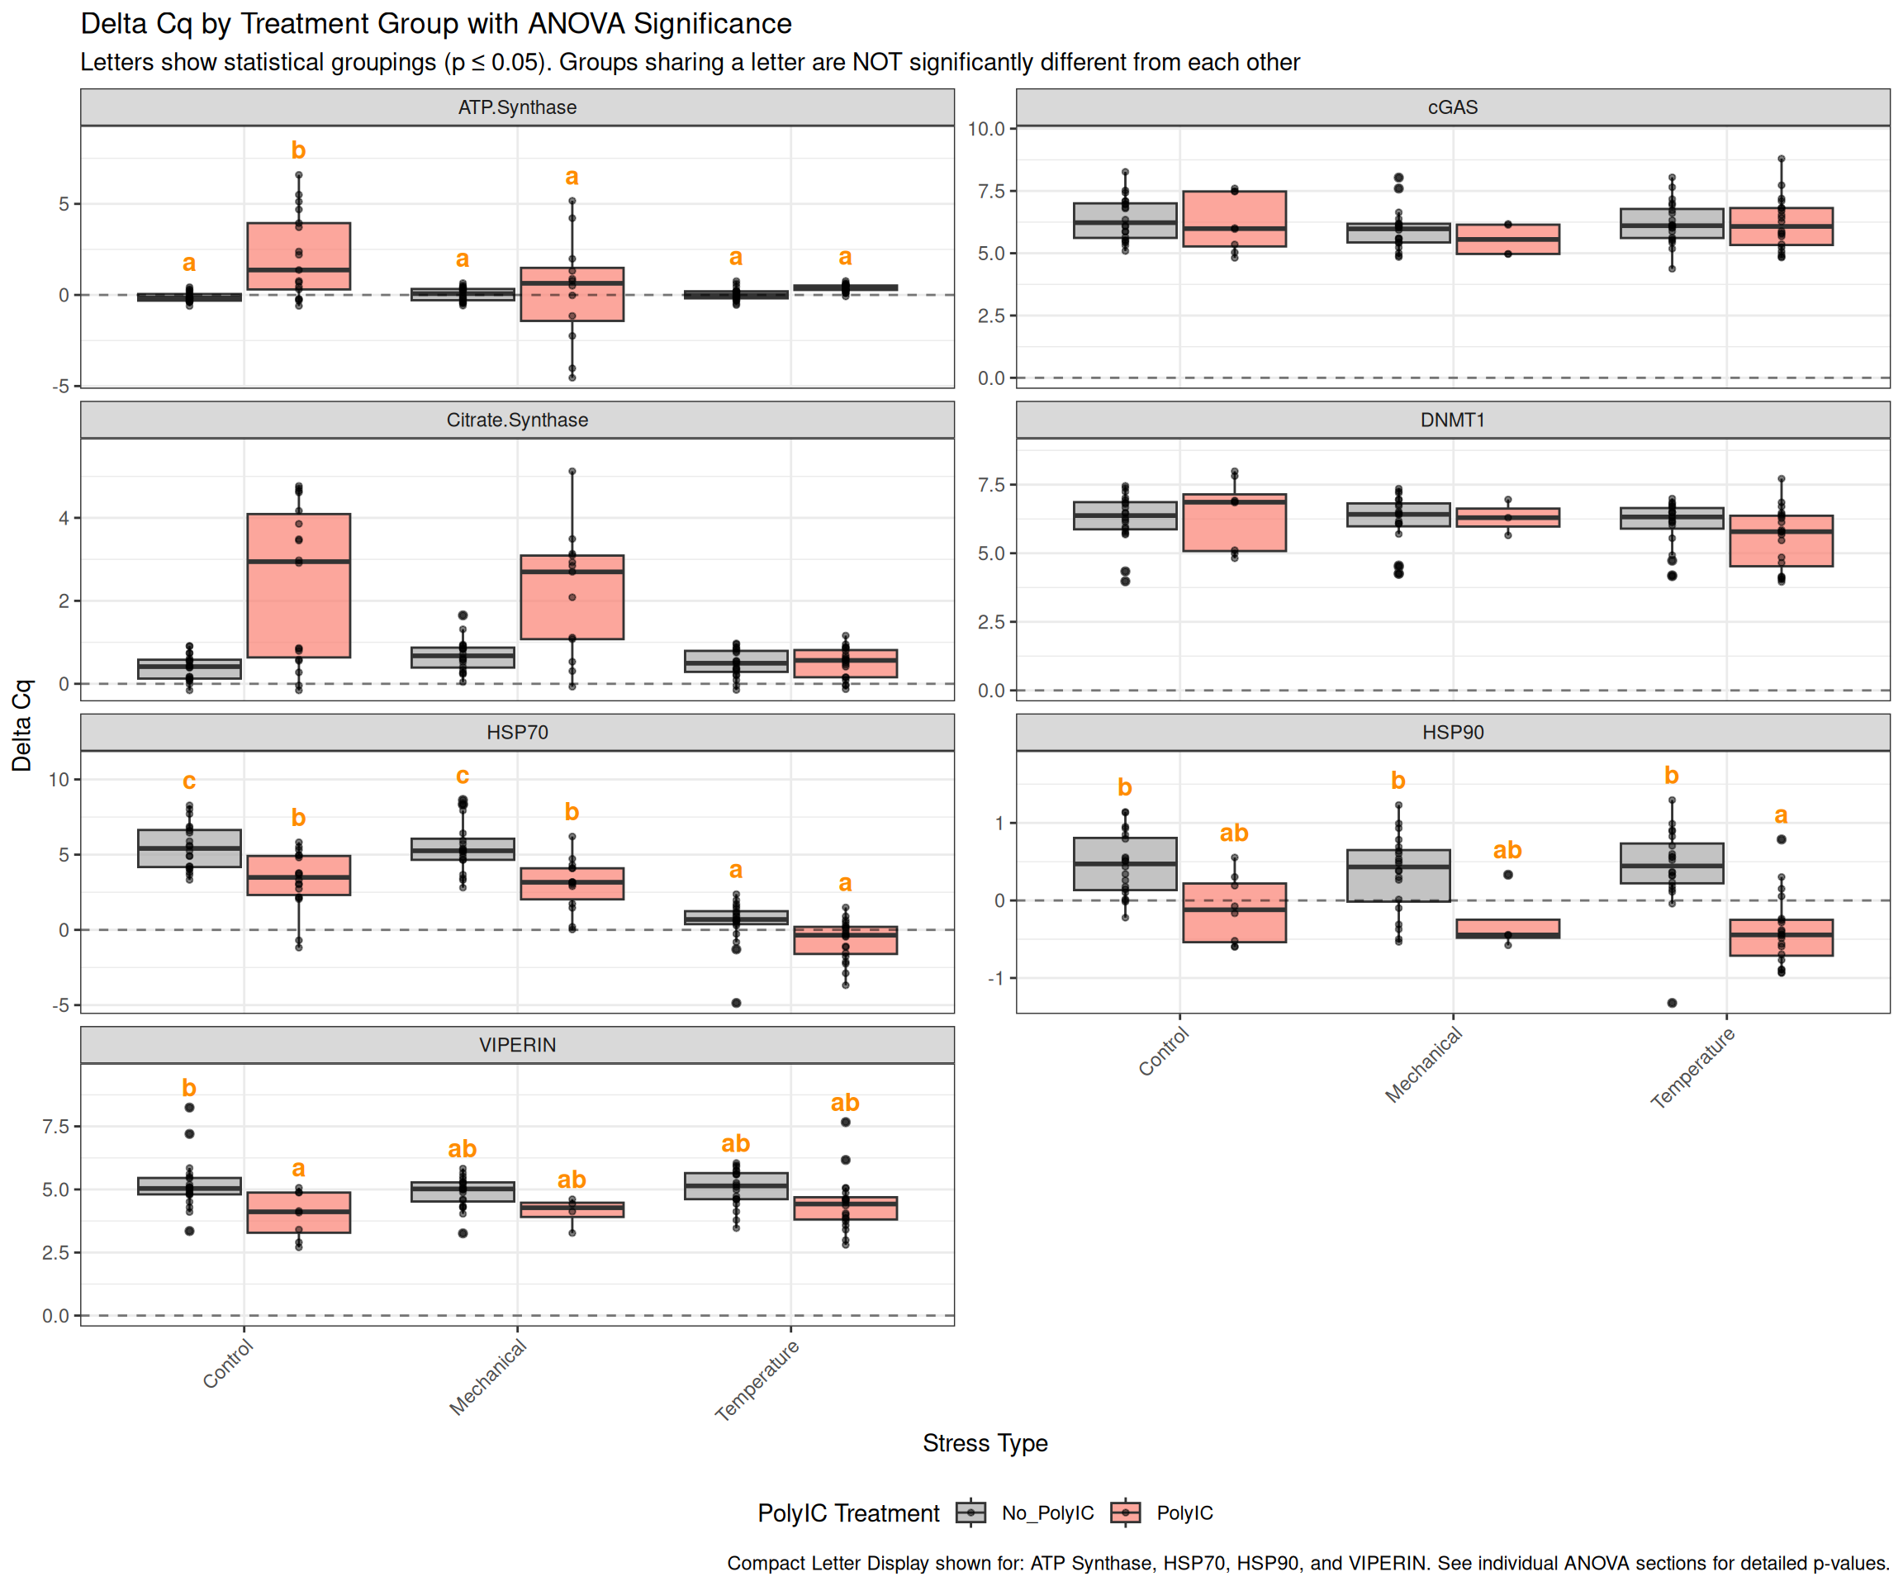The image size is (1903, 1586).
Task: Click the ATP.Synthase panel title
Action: coord(516,107)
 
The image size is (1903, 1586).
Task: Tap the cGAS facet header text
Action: coord(1452,107)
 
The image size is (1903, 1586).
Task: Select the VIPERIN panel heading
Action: coord(516,1045)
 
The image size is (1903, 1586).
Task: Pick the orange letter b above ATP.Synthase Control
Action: coord(298,150)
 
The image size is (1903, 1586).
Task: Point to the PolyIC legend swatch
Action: coord(1126,1512)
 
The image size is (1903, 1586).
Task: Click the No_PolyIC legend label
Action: coord(1047,1512)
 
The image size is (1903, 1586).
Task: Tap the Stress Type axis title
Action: coord(985,1443)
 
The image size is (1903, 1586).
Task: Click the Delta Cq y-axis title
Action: coord(21,725)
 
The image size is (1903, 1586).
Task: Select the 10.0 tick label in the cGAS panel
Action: coord(986,129)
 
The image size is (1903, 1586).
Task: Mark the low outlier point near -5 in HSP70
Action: coord(736,1002)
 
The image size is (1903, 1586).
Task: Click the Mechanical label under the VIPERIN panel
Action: coord(488,1378)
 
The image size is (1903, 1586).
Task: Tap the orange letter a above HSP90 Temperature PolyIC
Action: coord(1781,815)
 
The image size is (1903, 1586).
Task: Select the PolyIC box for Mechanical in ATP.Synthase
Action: coord(572,295)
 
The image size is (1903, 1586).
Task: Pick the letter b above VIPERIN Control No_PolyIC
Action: coord(188,1088)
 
